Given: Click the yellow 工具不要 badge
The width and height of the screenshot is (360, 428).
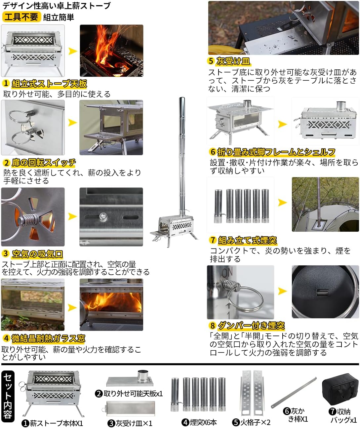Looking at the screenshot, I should pyautogui.click(x=21, y=17).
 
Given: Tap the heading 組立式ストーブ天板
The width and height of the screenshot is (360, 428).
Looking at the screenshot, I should pyautogui.click(x=49, y=84).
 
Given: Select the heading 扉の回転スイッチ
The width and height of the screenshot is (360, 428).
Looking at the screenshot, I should pyautogui.click(x=44, y=163).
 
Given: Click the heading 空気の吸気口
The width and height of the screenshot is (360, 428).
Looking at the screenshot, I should pyautogui.click(x=37, y=254).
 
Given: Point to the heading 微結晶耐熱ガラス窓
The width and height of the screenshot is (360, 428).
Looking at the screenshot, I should pyautogui.click(x=48, y=338).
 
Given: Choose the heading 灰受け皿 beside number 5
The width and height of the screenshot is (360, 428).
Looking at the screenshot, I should pyautogui.click(x=233, y=61).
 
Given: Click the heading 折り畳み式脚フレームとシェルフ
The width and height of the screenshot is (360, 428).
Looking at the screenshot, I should pyautogui.click(x=276, y=152).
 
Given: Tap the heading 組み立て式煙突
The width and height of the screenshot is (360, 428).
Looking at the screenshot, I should pyautogui.click(x=247, y=240).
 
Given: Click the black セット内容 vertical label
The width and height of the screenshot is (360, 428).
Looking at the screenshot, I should pyautogui.click(x=8, y=396).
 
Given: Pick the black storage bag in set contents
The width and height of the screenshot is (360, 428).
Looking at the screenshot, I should pyautogui.click(x=340, y=390).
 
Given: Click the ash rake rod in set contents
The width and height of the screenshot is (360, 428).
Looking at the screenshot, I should pyautogui.click(x=294, y=393).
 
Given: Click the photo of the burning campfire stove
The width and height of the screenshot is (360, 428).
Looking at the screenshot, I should pyautogui.click(x=111, y=51).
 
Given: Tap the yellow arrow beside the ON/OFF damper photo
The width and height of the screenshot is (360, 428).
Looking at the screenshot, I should pyautogui.click(x=282, y=291).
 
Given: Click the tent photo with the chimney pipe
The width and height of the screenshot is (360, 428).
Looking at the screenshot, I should pyautogui.click(x=325, y=204).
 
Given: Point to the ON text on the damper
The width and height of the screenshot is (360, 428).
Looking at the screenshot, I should pyautogui.click(x=227, y=273).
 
